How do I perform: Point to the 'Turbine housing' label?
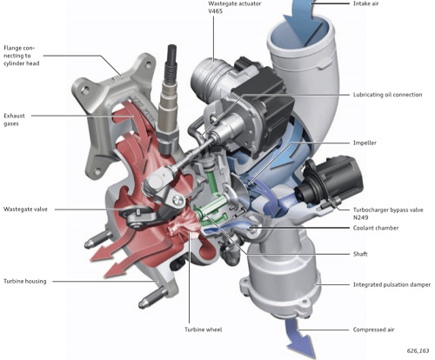click(24, 281)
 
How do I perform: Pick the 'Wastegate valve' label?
click(27, 209)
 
